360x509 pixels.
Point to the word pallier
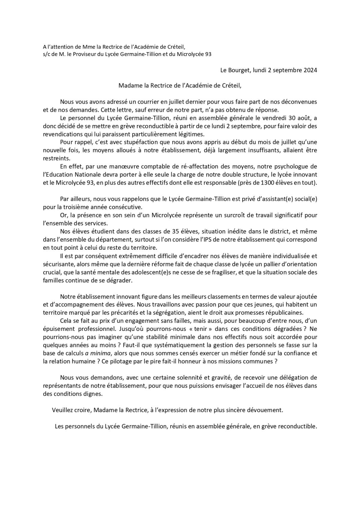266,264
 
